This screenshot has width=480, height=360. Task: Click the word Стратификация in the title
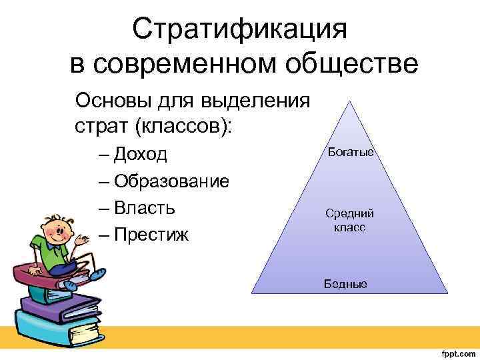240,29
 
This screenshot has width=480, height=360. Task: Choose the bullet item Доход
141,155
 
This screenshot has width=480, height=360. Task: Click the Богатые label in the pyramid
351,153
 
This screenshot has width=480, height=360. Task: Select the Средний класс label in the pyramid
350,220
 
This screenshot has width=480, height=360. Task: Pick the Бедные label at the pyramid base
345,284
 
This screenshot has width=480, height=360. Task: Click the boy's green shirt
56,253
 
